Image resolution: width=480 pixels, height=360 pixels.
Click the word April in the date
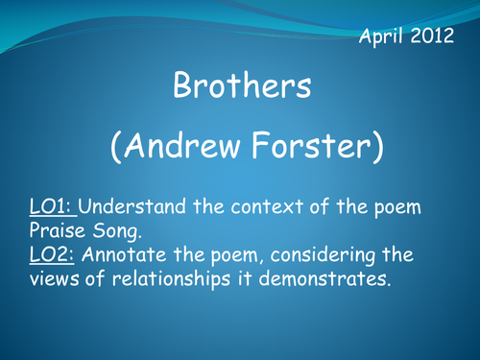[x=382, y=38]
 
